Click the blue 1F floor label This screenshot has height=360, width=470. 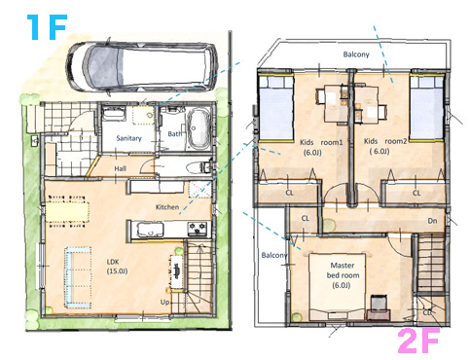[47, 27]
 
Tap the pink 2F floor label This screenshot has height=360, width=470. [418, 341]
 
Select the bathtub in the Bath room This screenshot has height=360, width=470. [198, 128]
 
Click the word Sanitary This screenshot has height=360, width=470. [128, 138]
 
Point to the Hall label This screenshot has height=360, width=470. [120, 168]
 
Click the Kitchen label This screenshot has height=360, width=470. [167, 207]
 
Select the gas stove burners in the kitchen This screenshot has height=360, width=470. [198, 227]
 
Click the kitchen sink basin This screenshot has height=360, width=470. [150, 230]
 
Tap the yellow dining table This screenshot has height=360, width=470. [67, 211]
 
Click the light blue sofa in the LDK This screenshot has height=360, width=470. [78, 277]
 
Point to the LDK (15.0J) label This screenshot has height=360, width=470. [117, 267]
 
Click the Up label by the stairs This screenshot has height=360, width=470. [164, 303]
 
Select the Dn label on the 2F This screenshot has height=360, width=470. [432, 221]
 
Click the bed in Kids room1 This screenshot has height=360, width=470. [276, 109]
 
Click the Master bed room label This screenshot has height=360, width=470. [343, 275]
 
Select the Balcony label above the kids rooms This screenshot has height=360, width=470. [356, 54]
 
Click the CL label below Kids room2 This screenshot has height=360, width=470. [416, 193]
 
